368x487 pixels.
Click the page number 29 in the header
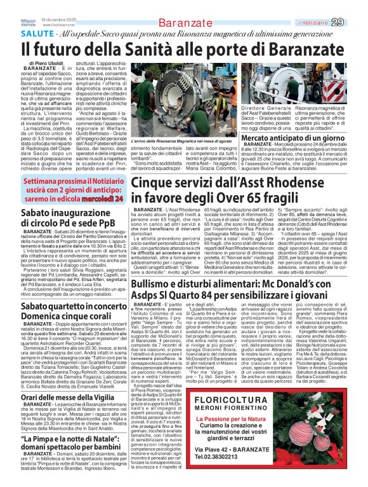tap(355, 5)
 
